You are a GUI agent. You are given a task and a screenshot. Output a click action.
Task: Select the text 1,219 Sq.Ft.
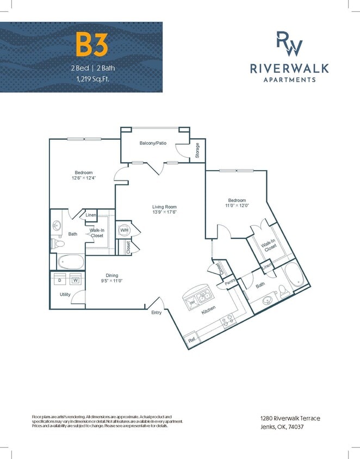(91, 79)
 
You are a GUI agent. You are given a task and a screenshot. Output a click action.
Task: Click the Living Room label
(164, 207)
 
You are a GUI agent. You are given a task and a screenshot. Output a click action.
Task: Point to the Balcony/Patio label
(153, 143)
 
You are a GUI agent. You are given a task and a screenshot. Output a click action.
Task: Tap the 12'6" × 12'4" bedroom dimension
(84, 178)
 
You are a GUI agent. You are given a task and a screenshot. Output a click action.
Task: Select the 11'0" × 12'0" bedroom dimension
(237, 206)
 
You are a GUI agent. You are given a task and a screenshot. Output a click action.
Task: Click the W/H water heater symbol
(123, 230)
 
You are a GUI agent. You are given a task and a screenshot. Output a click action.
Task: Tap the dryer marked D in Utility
(59, 281)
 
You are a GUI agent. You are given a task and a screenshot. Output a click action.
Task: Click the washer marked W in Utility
(75, 281)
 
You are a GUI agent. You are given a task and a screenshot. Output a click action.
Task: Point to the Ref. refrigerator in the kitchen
(191, 340)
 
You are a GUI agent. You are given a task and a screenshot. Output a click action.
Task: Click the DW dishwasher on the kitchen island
(192, 303)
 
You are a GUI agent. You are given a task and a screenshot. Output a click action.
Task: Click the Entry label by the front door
(157, 313)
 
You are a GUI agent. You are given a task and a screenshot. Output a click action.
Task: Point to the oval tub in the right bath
(294, 275)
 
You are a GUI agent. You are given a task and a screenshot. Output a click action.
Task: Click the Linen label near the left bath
(91, 216)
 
